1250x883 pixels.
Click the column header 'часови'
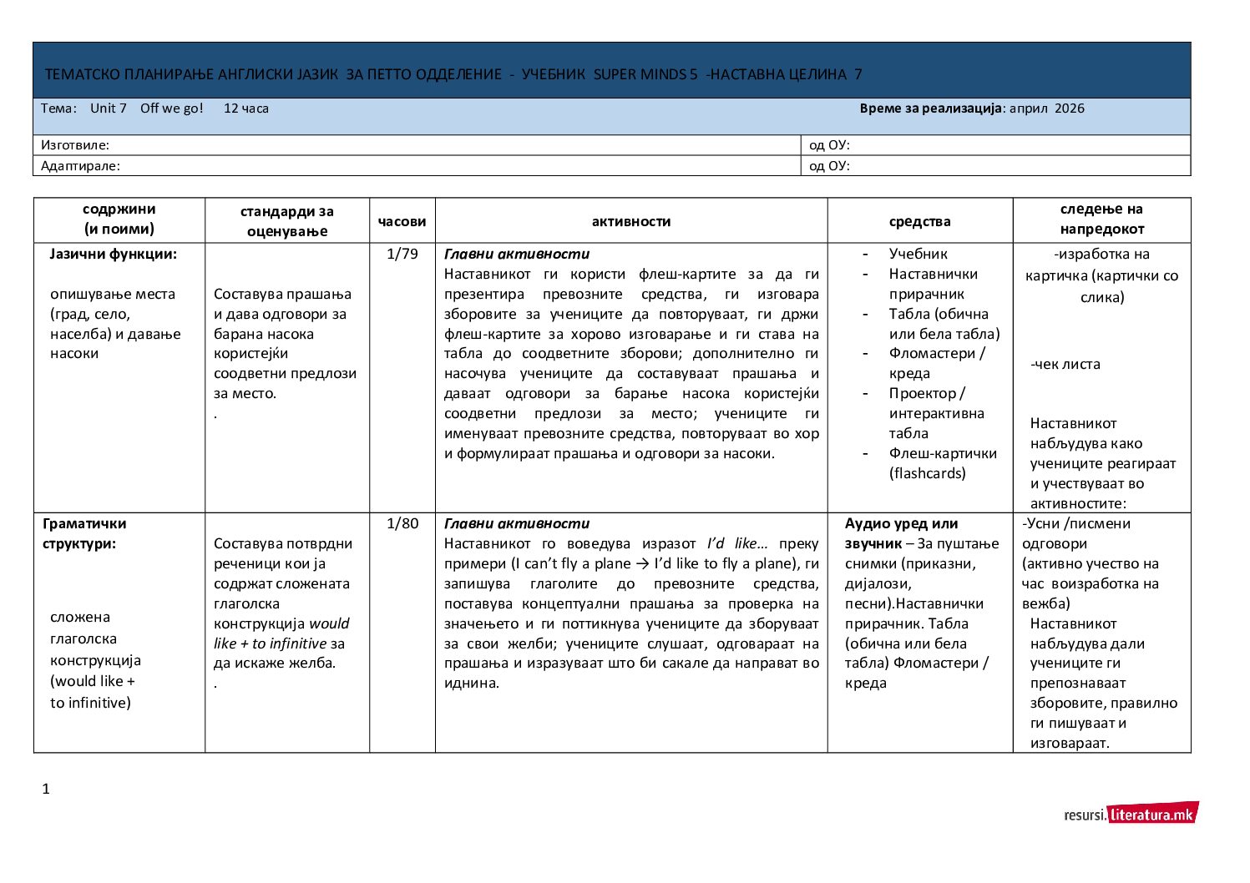point(402,221)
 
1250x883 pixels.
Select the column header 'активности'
point(630,221)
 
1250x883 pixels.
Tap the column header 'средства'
point(919,221)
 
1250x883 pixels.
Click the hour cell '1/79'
point(402,254)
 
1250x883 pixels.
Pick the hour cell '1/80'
point(402,524)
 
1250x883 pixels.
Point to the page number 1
point(46,789)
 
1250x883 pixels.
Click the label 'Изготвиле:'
point(75,145)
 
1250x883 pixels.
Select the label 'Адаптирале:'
point(80,166)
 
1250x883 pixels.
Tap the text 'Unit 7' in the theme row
point(109,108)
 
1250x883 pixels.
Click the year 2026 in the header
point(1069,108)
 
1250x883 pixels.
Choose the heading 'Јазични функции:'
point(113,254)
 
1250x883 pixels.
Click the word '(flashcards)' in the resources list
point(927,473)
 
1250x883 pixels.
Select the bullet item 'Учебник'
point(918,254)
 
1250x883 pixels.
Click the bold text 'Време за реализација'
point(930,108)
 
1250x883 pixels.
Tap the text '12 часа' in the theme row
point(246,108)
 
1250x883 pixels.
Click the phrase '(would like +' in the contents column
point(93,681)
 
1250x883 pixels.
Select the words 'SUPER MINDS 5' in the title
point(645,74)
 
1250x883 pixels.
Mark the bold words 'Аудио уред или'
point(901,524)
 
